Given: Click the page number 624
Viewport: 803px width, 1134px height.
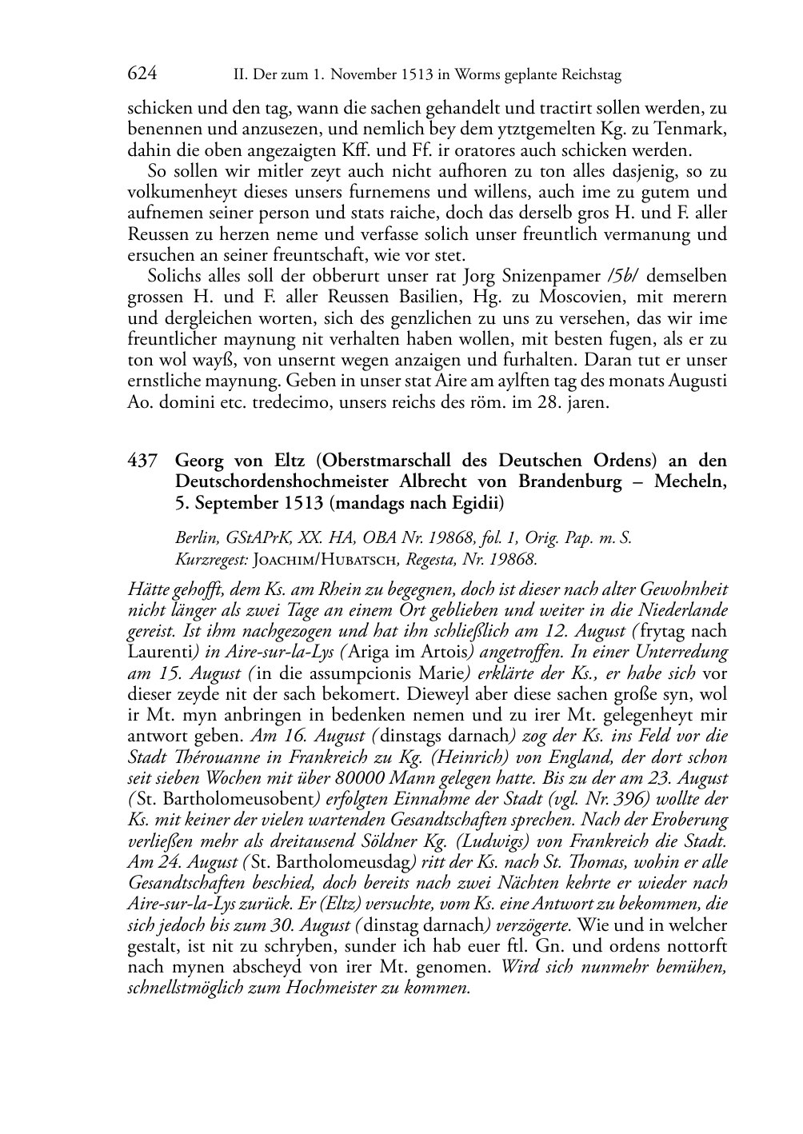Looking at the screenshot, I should [x=142, y=74].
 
